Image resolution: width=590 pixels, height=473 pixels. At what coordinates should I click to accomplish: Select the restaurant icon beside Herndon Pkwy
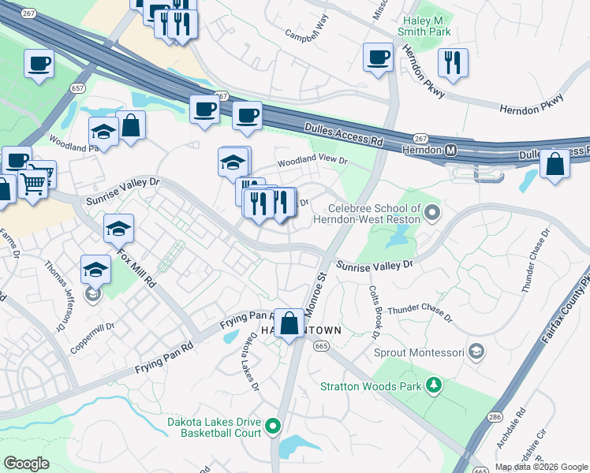(x=453, y=62)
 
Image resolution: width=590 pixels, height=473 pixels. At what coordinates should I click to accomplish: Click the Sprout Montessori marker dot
(x=476, y=350)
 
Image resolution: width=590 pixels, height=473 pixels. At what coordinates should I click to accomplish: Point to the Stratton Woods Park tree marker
(x=433, y=385)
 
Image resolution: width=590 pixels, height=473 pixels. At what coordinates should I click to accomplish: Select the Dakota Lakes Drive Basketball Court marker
(x=274, y=426)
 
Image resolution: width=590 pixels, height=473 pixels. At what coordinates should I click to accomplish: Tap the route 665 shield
(x=320, y=345)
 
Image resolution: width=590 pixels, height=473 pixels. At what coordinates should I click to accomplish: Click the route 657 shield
(x=77, y=87)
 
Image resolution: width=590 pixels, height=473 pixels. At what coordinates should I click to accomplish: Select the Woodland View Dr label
(x=312, y=161)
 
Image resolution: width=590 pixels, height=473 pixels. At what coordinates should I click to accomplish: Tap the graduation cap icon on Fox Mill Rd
(x=118, y=229)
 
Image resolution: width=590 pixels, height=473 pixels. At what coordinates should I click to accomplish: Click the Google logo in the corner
(x=26, y=464)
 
